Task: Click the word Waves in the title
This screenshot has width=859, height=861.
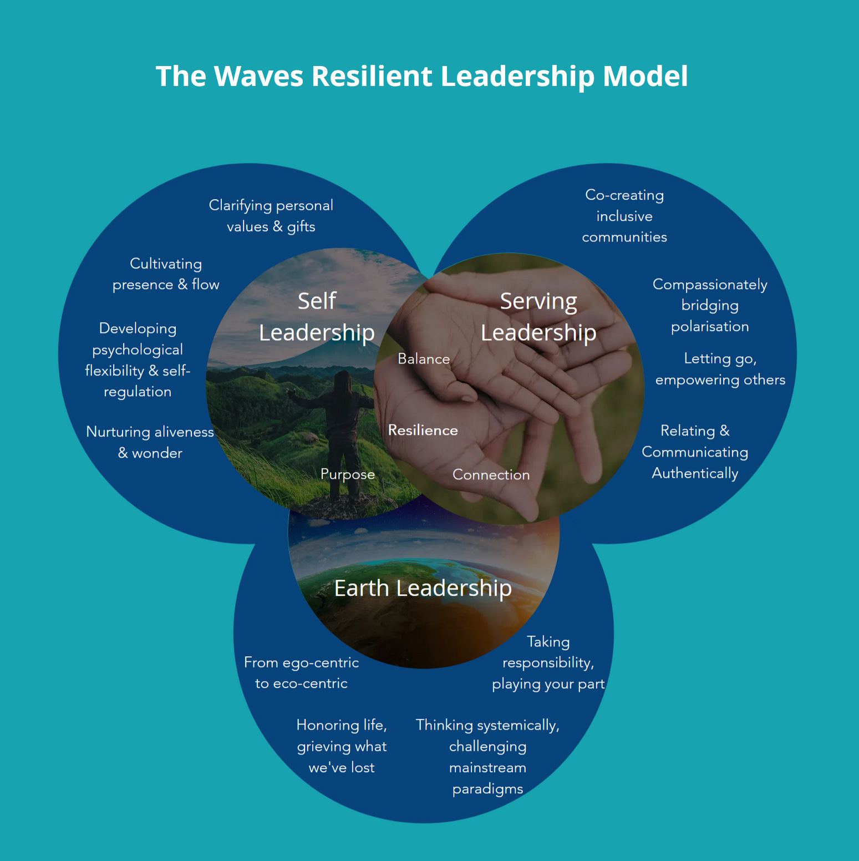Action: pos(258,76)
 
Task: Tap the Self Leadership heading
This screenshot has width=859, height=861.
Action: pos(317,317)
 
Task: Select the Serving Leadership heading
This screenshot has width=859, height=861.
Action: pos(538,317)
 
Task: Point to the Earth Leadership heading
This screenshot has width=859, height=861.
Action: pos(423,588)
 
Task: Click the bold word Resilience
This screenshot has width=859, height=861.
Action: pos(423,430)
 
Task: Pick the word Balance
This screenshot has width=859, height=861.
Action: pos(424,359)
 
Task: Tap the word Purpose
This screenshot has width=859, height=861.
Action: pos(348,474)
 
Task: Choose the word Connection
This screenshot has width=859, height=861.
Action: pos(491,475)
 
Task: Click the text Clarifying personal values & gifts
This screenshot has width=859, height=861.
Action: pos(271,216)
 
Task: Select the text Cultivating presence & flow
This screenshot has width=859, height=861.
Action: pos(166,274)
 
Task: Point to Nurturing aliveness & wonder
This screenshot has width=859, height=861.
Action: pos(150,442)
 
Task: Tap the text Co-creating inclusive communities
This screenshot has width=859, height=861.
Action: pos(624,216)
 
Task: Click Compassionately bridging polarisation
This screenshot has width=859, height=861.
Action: pos(710,305)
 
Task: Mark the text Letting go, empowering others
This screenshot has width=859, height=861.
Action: pos(720,369)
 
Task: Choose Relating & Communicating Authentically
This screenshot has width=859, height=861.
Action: pos(695,452)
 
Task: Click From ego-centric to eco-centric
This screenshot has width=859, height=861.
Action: pos(301,673)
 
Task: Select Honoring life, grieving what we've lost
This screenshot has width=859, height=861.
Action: pos(342,746)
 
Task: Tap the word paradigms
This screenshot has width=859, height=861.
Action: pos(487,789)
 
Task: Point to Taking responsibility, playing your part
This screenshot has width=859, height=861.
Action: pos(548,663)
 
